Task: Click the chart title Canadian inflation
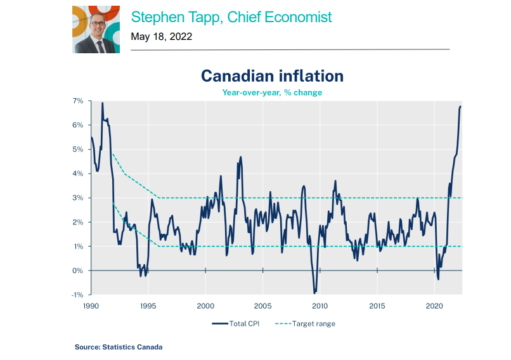pos(272,76)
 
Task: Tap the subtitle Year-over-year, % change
pos(272,93)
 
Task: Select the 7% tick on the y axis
pos(78,101)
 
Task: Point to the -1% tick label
pos(77,295)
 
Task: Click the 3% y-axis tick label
pos(78,198)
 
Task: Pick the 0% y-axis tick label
pos(78,271)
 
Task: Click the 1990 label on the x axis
pos(90,305)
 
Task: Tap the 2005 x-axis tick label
pos(262,305)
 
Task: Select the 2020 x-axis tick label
pos(434,305)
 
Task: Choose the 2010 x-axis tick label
pos(320,305)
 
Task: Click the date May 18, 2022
pos(161,37)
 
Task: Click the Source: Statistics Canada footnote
pos(118,347)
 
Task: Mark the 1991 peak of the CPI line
pos(102,103)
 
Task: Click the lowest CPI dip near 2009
pos(314,293)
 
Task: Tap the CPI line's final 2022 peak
pos(460,106)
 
